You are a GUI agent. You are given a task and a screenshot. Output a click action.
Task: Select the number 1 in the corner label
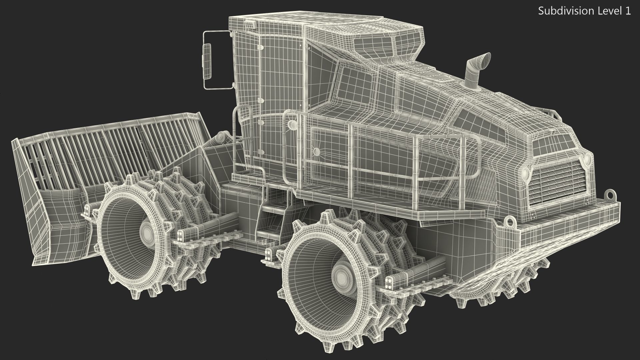pos(628,11)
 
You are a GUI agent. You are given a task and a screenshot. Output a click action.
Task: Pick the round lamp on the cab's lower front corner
pos(292,125)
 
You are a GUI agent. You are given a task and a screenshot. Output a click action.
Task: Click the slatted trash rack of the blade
pos(110,150)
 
